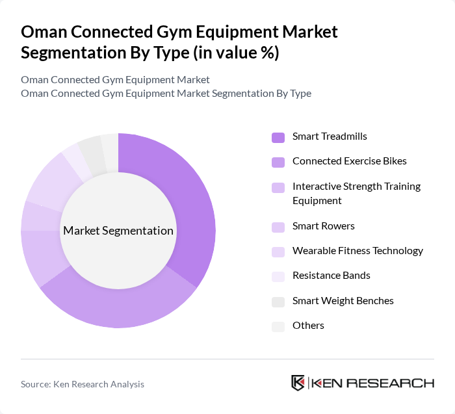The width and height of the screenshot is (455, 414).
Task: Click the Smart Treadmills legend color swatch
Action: [278, 136]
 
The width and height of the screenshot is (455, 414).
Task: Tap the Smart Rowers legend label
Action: [323, 226]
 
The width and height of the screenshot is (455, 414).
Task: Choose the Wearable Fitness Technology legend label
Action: [357, 251]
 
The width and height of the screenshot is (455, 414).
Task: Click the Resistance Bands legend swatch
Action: [278, 276]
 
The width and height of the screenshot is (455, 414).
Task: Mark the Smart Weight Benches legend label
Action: [343, 300]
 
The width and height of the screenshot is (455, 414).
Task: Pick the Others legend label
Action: [308, 325]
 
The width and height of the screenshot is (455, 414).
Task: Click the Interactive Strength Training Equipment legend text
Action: [356, 193]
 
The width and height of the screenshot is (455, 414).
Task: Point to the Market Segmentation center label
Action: [118, 231]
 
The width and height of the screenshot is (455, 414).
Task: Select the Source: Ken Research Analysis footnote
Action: [83, 384]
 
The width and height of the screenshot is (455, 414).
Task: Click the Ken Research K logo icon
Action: [298, 383]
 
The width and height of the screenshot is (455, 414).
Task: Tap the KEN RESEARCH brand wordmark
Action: [373, 383]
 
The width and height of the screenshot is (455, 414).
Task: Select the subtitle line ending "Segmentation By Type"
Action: [166, 93]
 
